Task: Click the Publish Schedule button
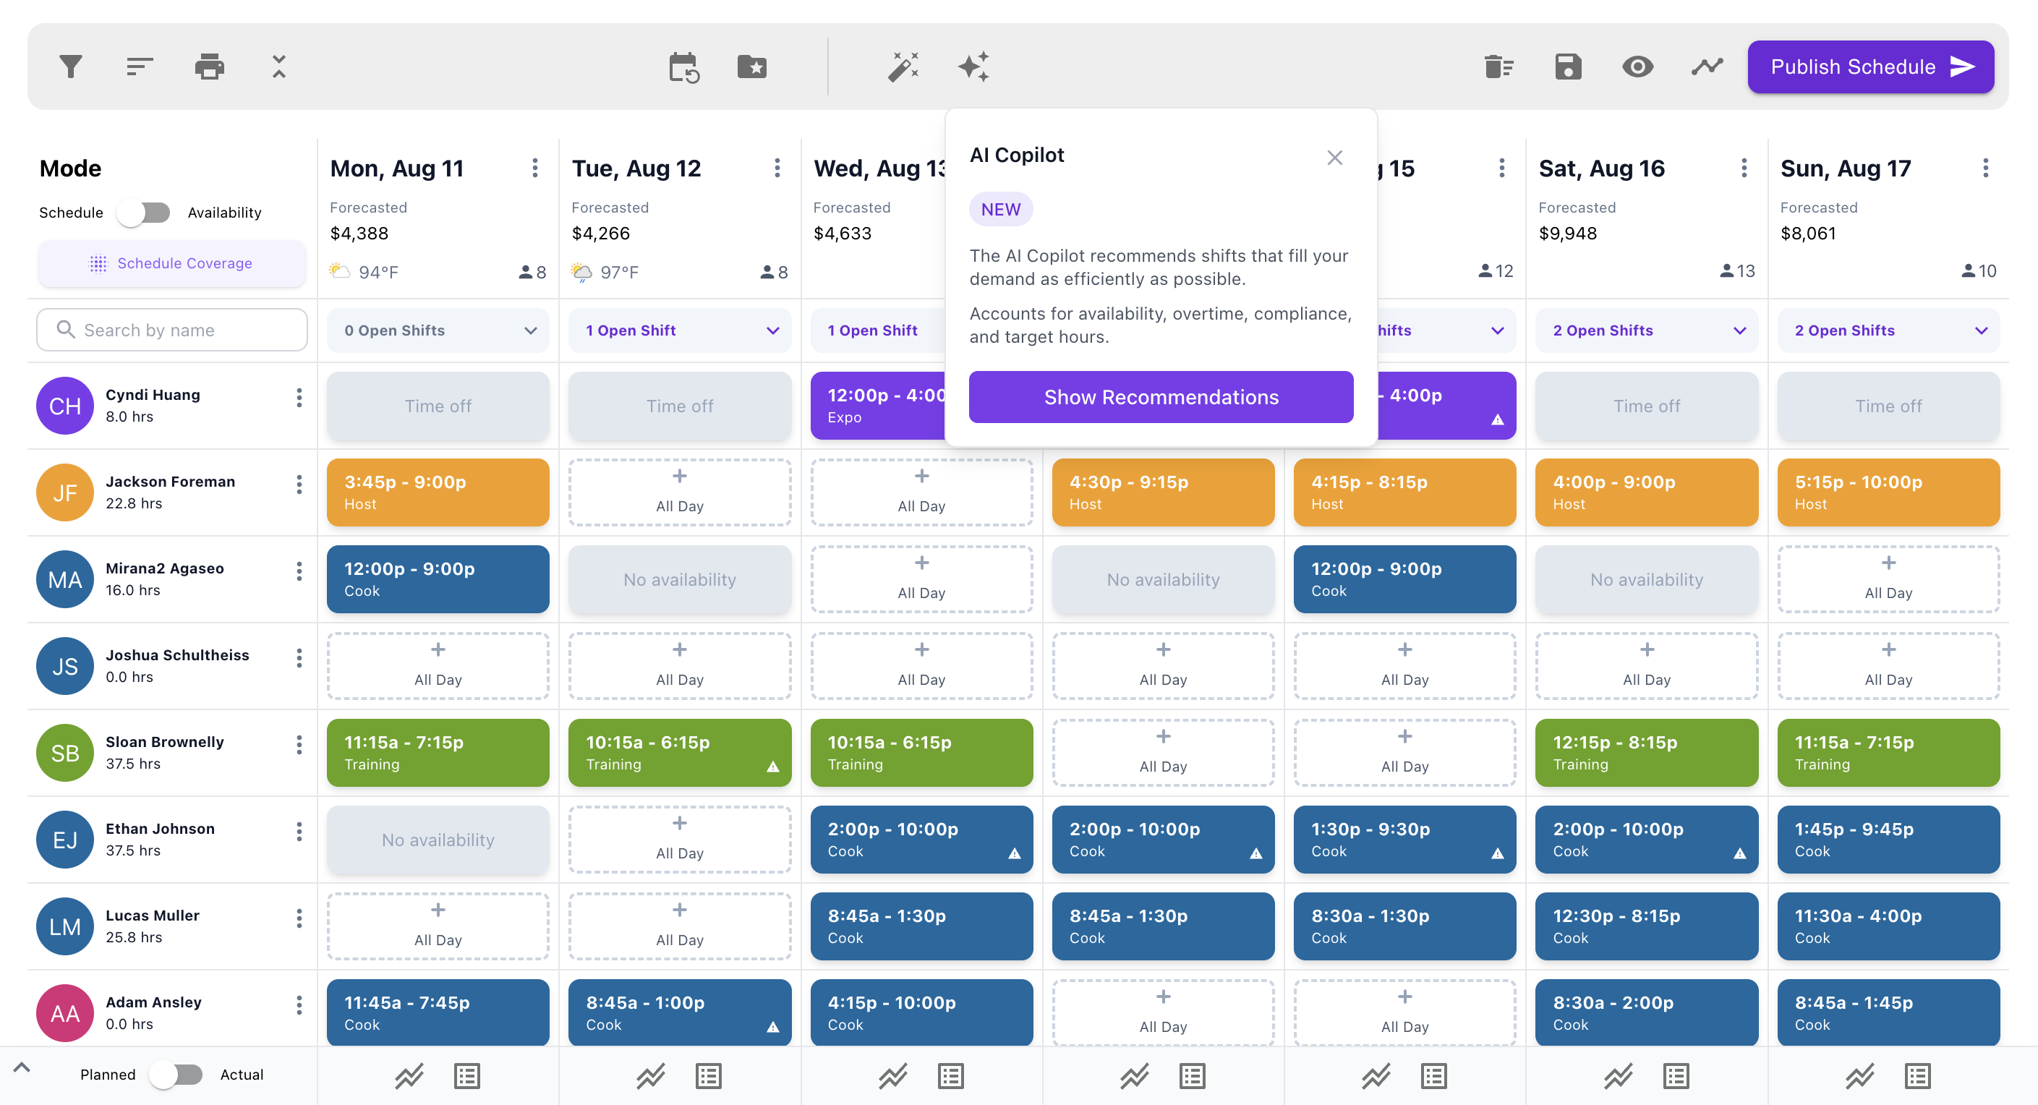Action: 1869,67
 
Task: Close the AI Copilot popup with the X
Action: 1334,158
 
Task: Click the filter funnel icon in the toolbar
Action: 71,67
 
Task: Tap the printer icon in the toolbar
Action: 209,67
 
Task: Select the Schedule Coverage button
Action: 171,263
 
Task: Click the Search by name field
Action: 171,330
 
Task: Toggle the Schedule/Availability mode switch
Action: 145,213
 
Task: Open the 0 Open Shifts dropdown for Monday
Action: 438,330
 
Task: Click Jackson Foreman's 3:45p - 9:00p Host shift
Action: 438,492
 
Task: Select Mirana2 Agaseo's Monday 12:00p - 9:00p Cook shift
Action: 438,579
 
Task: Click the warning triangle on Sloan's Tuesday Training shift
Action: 773,767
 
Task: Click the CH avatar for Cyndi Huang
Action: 65,406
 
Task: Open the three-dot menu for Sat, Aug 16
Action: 1744,168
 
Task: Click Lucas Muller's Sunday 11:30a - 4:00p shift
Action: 1888,926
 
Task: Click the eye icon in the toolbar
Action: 1637,67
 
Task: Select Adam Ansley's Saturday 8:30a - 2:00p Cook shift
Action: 1645,1012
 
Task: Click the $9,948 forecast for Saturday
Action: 1567,234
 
